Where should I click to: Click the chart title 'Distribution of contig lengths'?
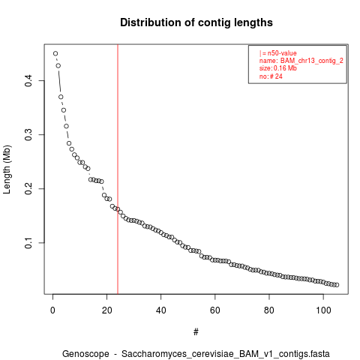(196, 22)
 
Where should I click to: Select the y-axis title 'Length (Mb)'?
(7, 169)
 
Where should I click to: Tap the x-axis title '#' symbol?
(196, 332)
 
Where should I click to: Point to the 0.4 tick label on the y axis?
(28, 80)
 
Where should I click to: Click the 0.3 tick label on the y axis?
(28, 135)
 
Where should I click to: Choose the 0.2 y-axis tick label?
(28, 189)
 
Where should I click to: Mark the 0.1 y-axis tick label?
(28, 243)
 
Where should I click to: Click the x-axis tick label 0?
(52, 310)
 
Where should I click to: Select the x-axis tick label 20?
(106, 310)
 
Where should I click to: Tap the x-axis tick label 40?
(160, 310)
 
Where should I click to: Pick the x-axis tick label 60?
(215, 310)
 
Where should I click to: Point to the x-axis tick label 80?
(269, 310)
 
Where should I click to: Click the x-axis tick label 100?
(323, 310)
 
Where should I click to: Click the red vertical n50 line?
(118, 169)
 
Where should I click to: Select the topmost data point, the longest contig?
(55, 53)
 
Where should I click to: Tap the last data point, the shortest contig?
(337, 285)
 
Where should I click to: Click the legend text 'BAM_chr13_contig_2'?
(312, 61)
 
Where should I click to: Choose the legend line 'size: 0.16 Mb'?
(278, 68)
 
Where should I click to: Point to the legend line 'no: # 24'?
(271, 76)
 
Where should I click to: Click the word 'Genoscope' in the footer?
(85, 354)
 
